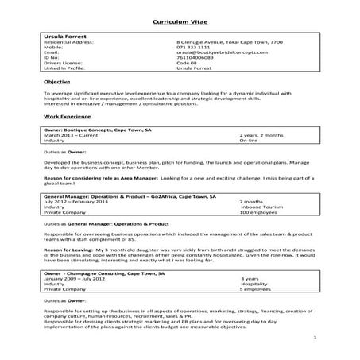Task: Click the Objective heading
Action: click(x=58, y=82)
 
